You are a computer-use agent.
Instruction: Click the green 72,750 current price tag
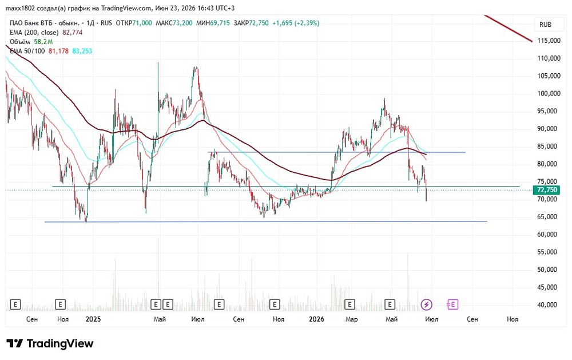point(547,190)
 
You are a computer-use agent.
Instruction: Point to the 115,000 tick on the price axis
point(549,41)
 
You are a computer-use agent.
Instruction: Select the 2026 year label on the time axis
point(316,319)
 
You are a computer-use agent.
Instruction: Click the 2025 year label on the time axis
point(93,319)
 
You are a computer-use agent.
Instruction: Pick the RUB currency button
point(545,25)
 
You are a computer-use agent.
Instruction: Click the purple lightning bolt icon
point(427,304)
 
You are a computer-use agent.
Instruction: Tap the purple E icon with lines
point(452,304)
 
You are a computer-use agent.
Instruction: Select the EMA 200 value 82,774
point(73,32)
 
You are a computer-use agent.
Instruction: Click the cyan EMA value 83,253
point(82,51)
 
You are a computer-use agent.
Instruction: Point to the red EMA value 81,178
point(58,51)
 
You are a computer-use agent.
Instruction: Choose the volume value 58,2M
point(43,42)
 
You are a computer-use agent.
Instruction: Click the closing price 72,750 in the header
point(259,23)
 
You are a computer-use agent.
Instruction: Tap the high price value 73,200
point(182,23)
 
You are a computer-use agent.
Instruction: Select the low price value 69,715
point(220,23)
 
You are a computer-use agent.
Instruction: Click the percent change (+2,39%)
point(307,23)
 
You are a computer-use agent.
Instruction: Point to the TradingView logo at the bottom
point(50,343)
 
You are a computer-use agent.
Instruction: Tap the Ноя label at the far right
point(513,319)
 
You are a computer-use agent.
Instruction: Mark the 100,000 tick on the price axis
point(549,93)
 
